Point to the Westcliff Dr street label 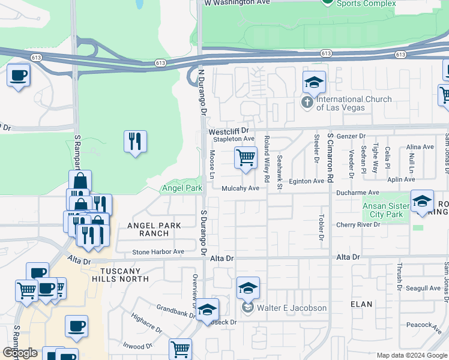[x=228, y=131]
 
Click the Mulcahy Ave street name [x=240, y=188]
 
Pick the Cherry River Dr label [x=358, y=225]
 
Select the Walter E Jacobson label [x=292, y=308]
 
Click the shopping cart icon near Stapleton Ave [x=246, y=158]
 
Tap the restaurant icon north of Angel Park [x=135, y=142]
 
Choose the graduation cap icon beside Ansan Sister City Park [x=422, y=201]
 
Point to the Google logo [x=20, y=353]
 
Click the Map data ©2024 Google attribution [x=412, y=355]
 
